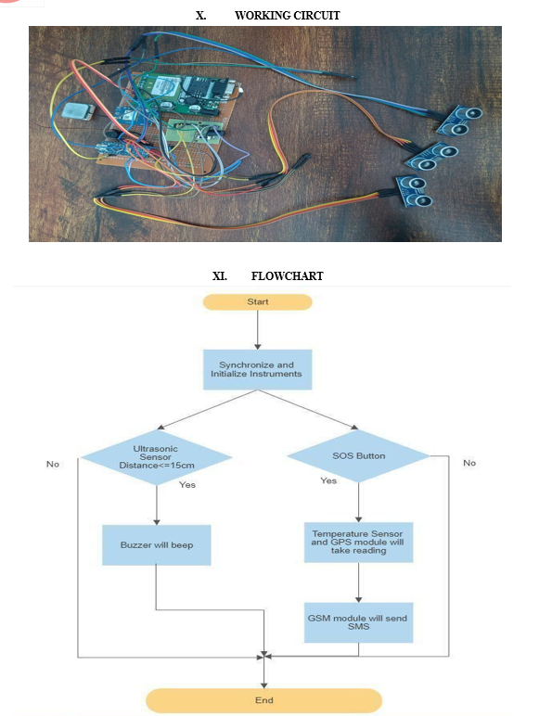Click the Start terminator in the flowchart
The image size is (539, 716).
pyautogui.click(x=258, y=301)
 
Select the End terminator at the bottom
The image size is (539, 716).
pyautogui.click(x=264, y=700)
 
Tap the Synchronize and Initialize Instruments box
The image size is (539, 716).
pyautogui.click(x=258, y=369)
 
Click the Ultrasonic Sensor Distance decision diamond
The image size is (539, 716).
pyautogui.click(x=157, y=457)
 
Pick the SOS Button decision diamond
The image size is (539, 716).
pyautogui.click(x=359, y=455)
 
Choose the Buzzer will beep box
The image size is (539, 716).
pyautogui.click(x=157, y=544)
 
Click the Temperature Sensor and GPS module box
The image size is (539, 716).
pyautogui.click(x=359, y=542)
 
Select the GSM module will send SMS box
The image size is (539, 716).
pyautogui.click(x=359, y=622)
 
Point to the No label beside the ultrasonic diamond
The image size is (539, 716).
pyautogui.click(x=53, y=464)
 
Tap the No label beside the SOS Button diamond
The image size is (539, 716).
pyautogui.click(x=469, y=463)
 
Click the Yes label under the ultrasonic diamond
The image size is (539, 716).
pyautogui.click(x=187, y=485)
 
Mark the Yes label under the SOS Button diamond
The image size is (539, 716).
pyautogui.click(x=328, y=480)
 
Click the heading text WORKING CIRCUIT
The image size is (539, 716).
pyautogui.click(x=288, y=16)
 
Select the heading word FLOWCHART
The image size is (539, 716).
pyautogui.click(x=288, y=276)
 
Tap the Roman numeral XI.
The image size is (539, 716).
pyautogui.click(x=220, y=276)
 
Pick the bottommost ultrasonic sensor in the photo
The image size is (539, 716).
pyautogui.click(x=415, y=192)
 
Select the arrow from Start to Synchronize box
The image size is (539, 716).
pyautogui.click(x=258, y=329)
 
